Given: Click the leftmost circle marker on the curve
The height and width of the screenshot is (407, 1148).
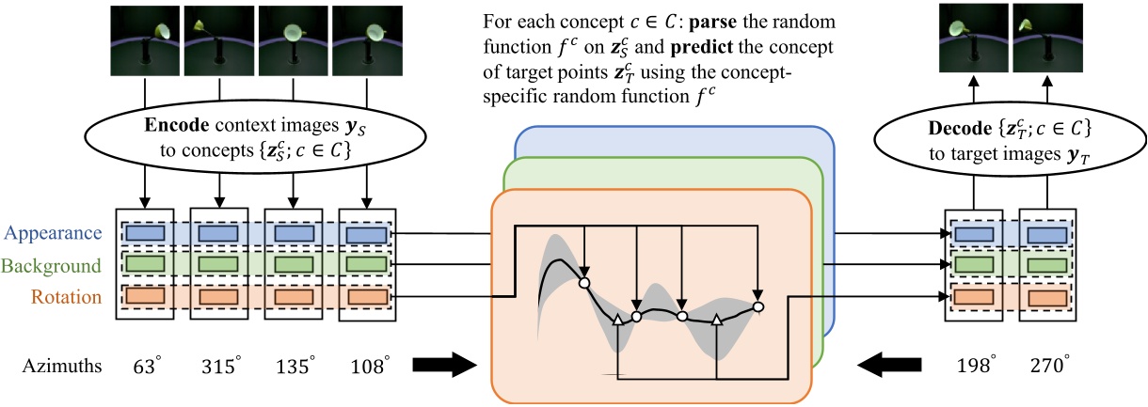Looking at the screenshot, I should coord(583,281).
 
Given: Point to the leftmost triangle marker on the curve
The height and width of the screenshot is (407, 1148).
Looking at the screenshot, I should coord(617,321).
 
